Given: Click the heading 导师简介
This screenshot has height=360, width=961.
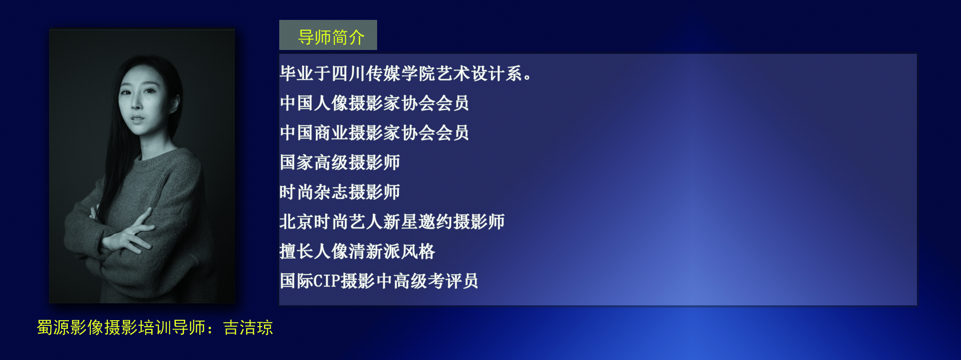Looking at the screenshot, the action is click(331, 37).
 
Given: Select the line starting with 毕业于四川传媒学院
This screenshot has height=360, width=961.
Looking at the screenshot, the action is click(406, 74).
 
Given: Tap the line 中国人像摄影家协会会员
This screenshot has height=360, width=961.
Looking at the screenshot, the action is click(374, 103).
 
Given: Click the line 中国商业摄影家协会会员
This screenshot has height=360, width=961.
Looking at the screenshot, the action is click(374, 133).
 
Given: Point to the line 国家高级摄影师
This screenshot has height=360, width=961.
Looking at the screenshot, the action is click(340, 162).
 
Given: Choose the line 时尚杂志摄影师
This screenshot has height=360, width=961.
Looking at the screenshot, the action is click(340, 192).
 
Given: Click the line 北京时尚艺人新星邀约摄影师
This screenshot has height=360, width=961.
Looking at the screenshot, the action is click(392, 222).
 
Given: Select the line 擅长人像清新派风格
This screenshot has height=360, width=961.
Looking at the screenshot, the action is click(357, 251).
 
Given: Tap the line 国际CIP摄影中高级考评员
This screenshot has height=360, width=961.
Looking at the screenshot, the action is click(379, 281).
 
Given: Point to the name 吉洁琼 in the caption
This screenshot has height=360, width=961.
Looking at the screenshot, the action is click(248, 328).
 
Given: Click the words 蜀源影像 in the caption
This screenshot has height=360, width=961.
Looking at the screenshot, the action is click(70, 328).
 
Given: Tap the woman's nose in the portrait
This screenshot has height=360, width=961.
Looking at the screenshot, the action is click(136, 103).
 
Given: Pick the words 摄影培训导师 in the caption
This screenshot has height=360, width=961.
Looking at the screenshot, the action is click(155, 328).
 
